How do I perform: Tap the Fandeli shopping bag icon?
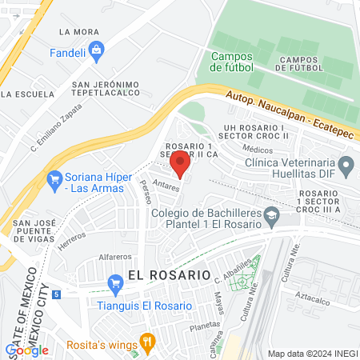pos(96,52)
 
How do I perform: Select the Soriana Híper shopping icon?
pos(55,178)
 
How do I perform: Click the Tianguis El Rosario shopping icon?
pos(115,282)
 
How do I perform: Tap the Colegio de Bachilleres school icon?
pos(273,215)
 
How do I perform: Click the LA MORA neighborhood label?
pos(79,32)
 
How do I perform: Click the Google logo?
pos(26,350)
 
